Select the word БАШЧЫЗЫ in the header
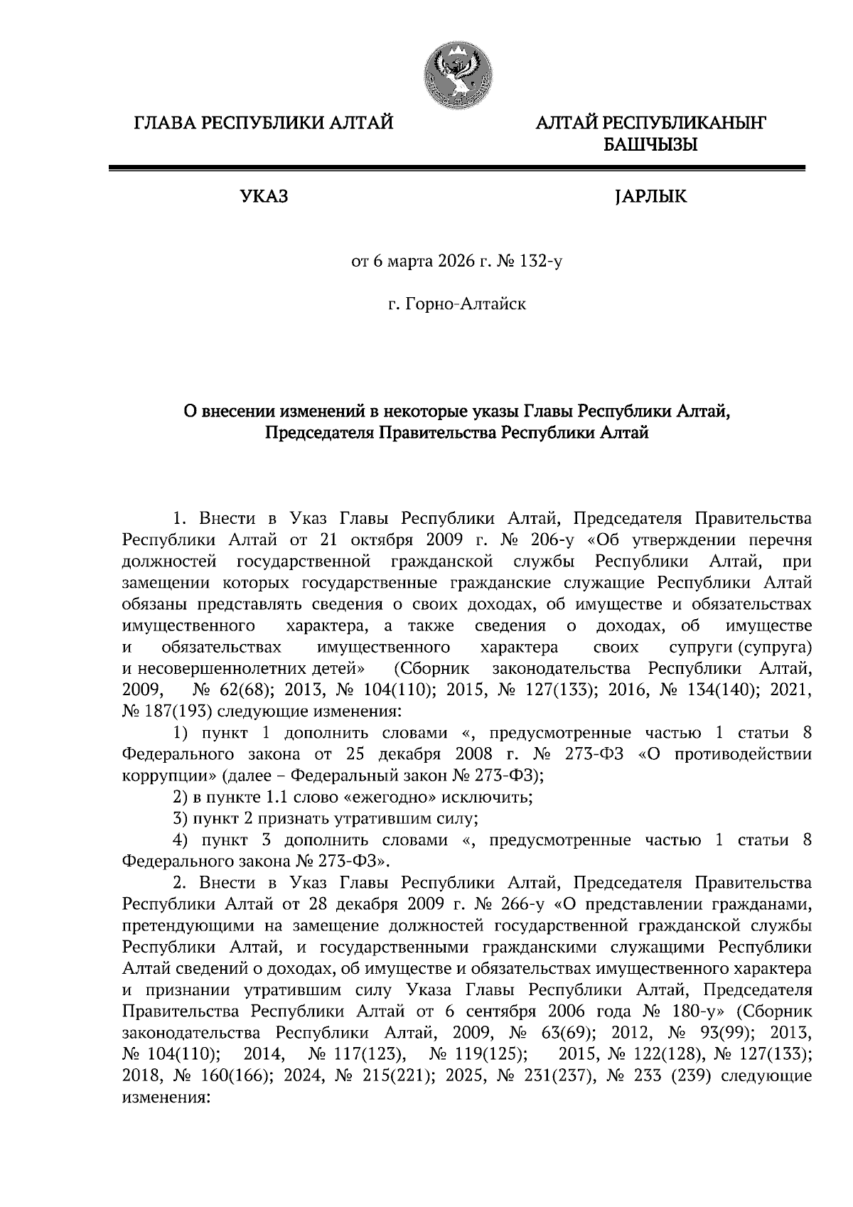coord(650,146)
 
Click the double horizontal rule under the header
coord(456,168)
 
